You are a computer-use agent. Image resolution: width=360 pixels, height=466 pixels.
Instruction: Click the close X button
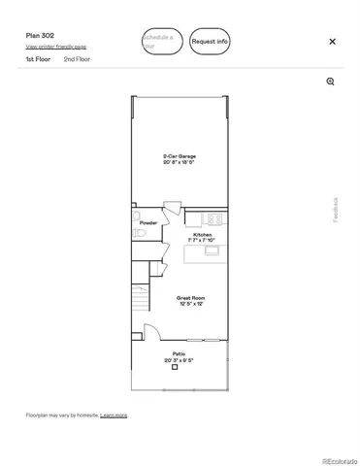(332, 42)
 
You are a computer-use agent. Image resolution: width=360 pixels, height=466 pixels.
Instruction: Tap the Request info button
(210, 42)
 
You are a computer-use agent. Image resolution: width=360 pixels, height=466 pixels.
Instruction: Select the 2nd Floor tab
(77, 59)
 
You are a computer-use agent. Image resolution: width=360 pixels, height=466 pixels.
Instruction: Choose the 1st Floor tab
(38, 59)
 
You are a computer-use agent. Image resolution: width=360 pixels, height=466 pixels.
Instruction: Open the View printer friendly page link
(55, 47)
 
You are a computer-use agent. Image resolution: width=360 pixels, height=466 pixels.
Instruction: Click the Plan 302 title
(40, 35)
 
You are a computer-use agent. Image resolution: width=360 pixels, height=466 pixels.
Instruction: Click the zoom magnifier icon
(331, 82)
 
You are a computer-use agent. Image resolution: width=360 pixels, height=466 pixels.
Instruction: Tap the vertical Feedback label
(337, 210)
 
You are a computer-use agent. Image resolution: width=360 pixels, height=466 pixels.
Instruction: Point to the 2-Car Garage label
(180, 155)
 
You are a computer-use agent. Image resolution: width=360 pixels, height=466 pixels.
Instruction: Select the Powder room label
(147, 223)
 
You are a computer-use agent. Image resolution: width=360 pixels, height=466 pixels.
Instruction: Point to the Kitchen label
(202, 235)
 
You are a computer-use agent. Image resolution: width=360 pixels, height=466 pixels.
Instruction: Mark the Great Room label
(189, 298)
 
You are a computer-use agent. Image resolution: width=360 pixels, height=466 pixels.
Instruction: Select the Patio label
(180, 353)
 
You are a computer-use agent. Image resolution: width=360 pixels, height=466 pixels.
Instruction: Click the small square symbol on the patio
(175, 367)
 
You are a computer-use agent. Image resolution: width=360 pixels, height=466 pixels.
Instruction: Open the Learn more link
(114, 416)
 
